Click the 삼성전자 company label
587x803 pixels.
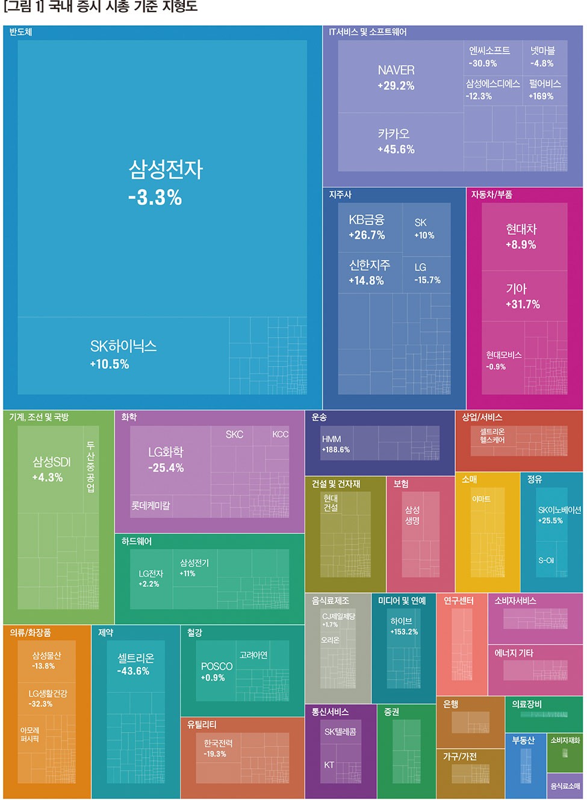pos(166,169)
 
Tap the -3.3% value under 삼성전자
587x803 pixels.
pos(155,197)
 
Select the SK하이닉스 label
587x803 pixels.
pos(123,346)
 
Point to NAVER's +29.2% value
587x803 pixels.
pos(396,86)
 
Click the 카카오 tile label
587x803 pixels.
pos(394,134)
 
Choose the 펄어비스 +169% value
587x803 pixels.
pos(541,96)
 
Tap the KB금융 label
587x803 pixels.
pos(366,220)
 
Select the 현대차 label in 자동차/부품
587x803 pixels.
pos(521,229)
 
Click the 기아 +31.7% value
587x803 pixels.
pos(523,305)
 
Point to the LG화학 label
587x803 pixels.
pos(166,451)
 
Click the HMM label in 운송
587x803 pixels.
pos(331,439)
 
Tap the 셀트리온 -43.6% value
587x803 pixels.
pos(133,671)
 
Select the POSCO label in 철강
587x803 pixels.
pos(217,666)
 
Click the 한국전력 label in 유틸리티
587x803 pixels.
pos(218,743)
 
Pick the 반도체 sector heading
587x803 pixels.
pos(20,32)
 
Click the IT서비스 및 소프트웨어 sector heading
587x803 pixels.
pos(367,32)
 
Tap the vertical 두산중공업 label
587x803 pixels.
pos(90,467)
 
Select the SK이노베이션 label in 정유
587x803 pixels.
pos(559,510)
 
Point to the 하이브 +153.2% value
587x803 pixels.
pos(404,632)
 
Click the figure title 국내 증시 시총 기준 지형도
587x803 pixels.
pos(123,7)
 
